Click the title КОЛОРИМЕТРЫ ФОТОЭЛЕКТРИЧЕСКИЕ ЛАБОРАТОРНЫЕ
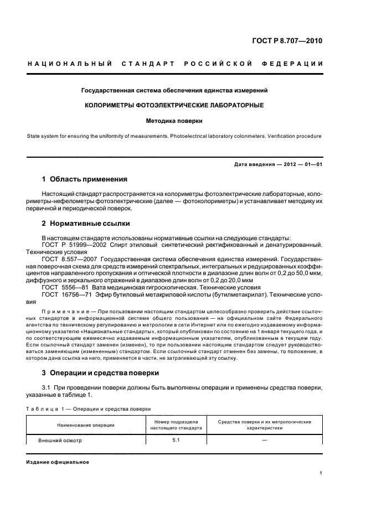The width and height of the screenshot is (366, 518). (x=174, y=105)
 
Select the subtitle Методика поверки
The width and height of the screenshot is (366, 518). (x=174, y=120)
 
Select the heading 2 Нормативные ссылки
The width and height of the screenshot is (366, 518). (x=86, y=224)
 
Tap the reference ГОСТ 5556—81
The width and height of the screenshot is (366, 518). (x=62, y=287)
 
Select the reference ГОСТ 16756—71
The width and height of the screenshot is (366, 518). (x=64, y=294)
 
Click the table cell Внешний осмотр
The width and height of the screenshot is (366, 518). (x=60, y=441)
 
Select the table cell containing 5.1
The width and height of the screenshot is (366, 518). (x=177, y=441)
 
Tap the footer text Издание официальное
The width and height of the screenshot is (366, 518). (x=58, y=462)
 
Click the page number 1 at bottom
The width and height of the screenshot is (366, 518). (x=321, y=473)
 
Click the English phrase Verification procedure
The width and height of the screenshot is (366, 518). (x=292, y=136)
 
